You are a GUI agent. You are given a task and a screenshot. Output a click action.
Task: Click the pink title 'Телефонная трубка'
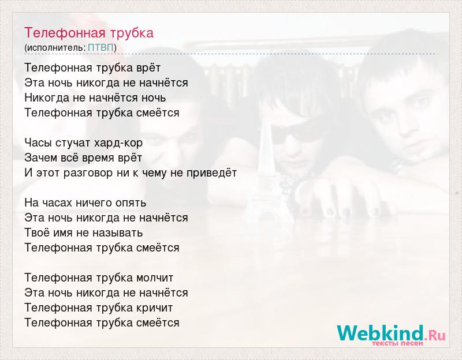[89, 33]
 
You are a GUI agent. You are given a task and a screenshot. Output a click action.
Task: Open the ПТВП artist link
[100, 47]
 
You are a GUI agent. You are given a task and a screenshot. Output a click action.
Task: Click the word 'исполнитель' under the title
[56, 48]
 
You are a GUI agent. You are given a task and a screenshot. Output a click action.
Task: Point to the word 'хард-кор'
[118, 143]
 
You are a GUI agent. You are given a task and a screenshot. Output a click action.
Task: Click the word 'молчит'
[155, 278]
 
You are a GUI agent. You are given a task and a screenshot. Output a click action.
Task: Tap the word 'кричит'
[154, 308]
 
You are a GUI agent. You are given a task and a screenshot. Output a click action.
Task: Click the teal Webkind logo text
[381, 333]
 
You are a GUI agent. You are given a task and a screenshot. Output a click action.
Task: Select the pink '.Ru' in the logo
[435, 335]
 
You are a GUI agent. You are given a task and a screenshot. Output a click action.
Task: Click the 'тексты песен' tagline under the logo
[397, 343]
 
